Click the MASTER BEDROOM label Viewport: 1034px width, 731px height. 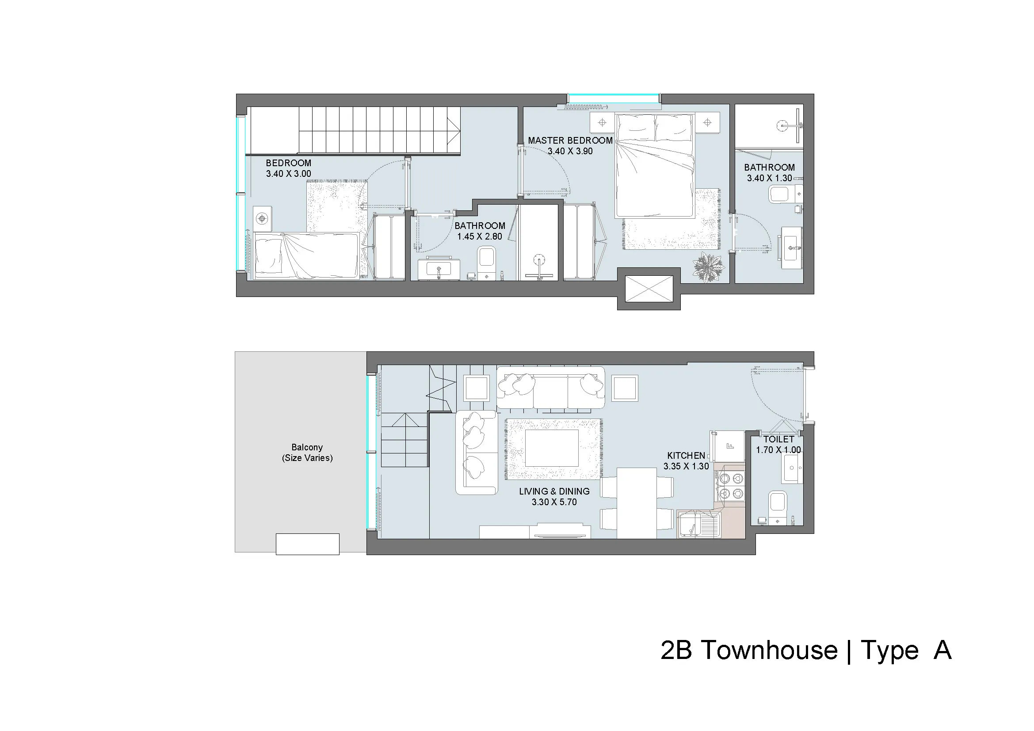[x=570, y=141]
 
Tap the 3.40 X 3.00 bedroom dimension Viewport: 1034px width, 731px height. [x=288, y=174]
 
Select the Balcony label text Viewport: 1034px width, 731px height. [x=307, y=447]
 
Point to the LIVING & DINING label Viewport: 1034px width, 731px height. [x=554, y=491]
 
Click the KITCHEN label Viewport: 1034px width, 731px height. [x=687, y=456]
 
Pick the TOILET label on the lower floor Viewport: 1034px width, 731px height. [x=778, y=439]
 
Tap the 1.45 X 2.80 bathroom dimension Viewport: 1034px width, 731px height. [x=480, y=237]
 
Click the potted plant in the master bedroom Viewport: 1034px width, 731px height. [x=709, y=267]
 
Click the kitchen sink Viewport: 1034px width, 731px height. [x=699, y=525]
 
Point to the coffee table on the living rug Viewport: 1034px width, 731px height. [x=552, y=448]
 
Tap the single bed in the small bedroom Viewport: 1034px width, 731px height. [x=306, y=256]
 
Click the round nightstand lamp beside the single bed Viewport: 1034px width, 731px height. [x=262, y=219]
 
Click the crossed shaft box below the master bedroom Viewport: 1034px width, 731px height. [x=649, y=289]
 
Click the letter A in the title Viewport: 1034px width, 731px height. [x=942, y=650]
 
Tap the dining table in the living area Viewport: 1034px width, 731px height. [x=637, y=503]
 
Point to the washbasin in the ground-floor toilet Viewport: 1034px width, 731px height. [x=793, y=468]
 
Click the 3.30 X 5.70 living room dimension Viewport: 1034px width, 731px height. [x=554, y=503]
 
